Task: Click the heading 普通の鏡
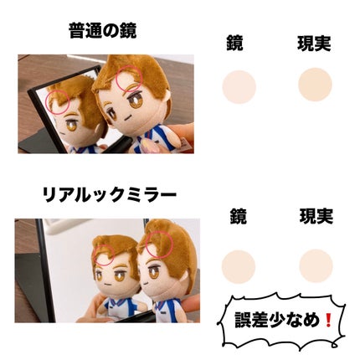(x=103, y=32)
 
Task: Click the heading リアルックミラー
(x=109, y=198)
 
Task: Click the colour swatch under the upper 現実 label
(x=315, y=85)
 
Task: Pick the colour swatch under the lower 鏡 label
(x=239, y=265)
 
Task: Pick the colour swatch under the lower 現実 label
(x=316, y=265)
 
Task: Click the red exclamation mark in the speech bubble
(x=330, y=320)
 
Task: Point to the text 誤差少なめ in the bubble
(x=282, y=320)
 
